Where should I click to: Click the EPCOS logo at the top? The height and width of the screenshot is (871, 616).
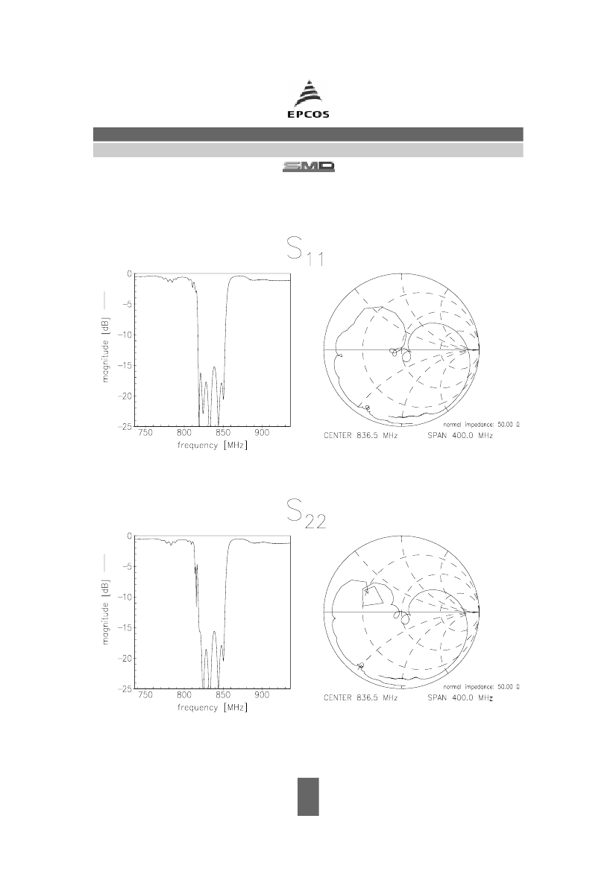(308, 99)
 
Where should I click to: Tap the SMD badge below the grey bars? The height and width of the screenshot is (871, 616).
(309, 167)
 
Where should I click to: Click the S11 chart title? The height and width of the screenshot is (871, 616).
(306, 252)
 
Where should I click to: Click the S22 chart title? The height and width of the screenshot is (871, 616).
(307, 514)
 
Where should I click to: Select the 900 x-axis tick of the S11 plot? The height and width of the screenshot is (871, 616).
(262, 434)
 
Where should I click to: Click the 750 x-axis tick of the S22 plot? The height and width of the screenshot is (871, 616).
(145, 695)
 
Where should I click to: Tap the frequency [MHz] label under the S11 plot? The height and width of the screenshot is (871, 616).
(213, 446)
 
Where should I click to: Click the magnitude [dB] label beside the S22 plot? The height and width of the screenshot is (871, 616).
(106, 612)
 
